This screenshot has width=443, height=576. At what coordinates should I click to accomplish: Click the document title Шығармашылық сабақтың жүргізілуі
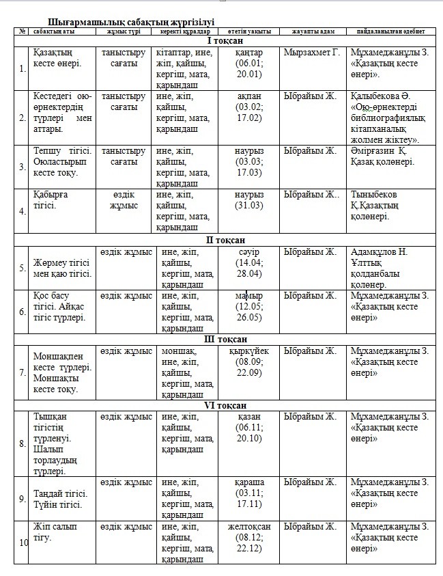131,22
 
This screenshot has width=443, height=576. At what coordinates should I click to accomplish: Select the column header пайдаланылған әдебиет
390,31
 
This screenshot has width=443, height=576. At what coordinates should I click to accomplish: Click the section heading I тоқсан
225,40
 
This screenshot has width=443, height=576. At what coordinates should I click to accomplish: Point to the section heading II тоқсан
225,239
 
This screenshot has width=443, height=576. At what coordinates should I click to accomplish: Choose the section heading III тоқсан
225,339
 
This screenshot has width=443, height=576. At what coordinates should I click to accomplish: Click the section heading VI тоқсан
225,405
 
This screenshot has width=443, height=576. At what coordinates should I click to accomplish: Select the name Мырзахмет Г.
311,52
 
